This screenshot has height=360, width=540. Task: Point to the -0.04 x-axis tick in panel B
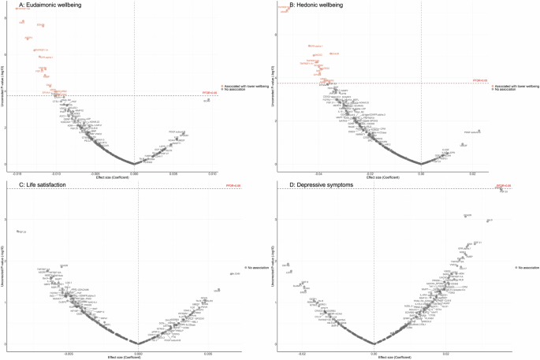[x=318, y=168]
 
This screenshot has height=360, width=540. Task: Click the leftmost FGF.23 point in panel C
[x=17, y=232]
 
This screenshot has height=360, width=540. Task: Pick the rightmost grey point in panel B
[x=478, y=131]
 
